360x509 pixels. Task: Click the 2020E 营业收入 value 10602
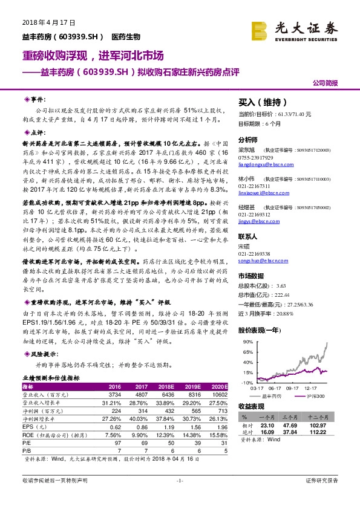pyautogui.click(x=219, y=394)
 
